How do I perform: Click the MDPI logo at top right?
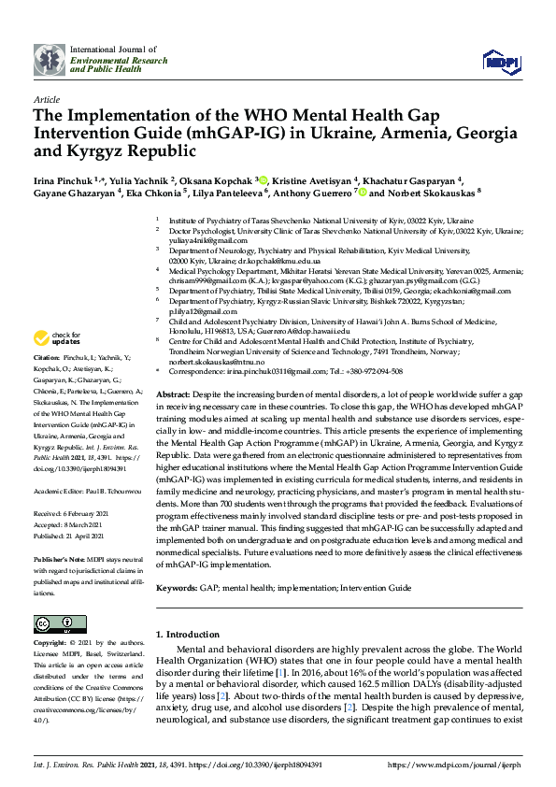tap(500, 61)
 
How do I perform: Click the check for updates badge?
tap(56, 364)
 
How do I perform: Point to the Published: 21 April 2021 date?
tap(74, 511)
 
